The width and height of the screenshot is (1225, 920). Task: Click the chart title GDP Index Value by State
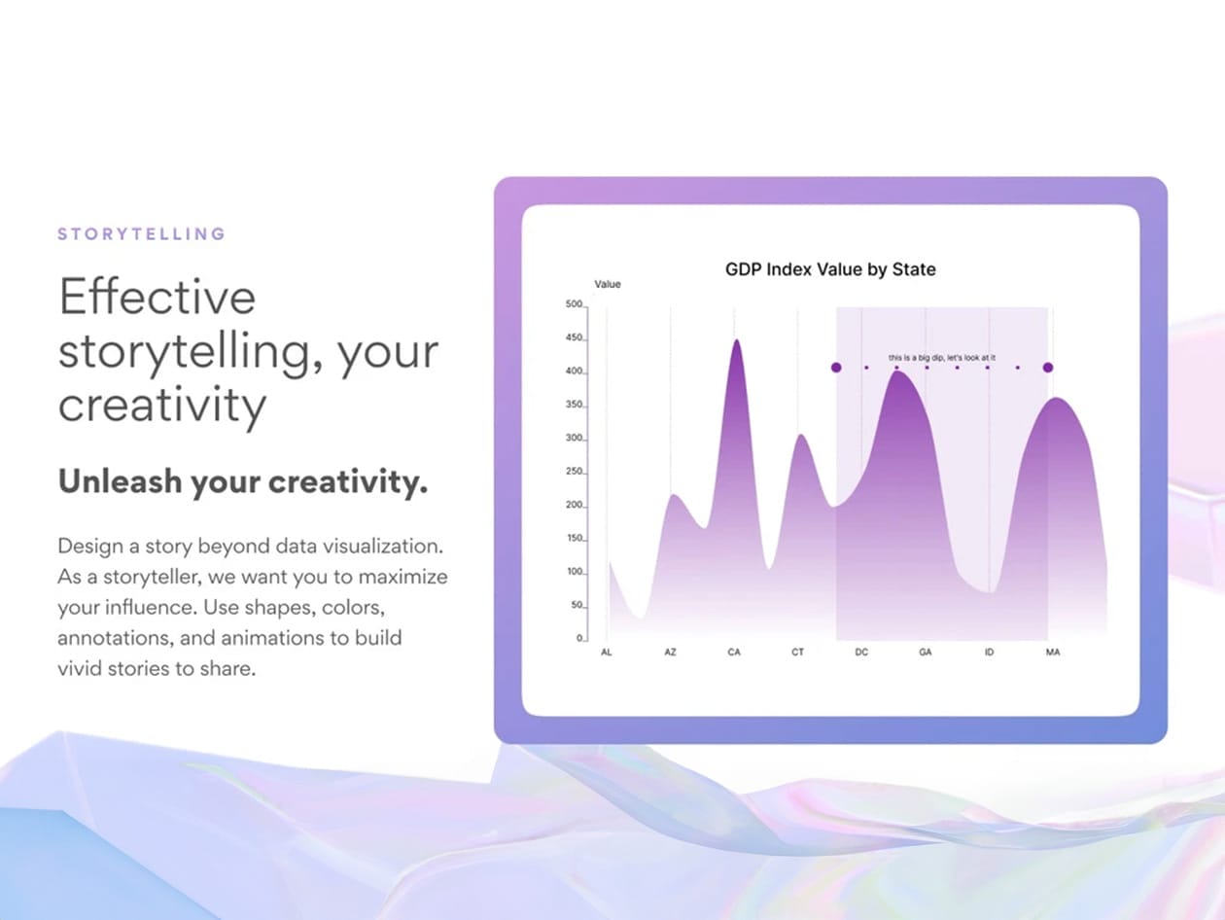pos(830,269)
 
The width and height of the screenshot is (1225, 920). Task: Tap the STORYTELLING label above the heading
pos(142,234)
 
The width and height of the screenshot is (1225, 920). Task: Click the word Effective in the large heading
pos(157,297)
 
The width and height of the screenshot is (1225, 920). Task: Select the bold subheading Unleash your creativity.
pos(243,481)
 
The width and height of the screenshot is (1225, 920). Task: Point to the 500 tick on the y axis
pos(575,304)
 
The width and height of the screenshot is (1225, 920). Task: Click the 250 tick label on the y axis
pos(575,472)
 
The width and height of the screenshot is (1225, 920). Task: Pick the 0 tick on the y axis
pos(579,638)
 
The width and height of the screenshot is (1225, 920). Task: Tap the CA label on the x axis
pos(734,652)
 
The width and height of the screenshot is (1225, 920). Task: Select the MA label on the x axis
pos(1053,652)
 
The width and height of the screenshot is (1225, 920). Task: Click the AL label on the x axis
pos(607,652)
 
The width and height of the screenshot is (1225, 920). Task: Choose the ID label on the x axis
pos(989,652)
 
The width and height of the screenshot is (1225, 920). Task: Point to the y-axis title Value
pos(608,284)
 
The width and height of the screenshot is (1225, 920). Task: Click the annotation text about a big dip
pos(941,357)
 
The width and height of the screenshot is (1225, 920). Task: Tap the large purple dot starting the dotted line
pos(836,368)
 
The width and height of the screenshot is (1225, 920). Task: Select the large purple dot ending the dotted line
pos(1048,368)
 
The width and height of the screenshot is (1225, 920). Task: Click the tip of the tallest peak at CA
pos(737,339)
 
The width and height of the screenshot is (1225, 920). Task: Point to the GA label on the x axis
pos(926,652)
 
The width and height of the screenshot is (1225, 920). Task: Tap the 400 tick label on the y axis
pos(575,372)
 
